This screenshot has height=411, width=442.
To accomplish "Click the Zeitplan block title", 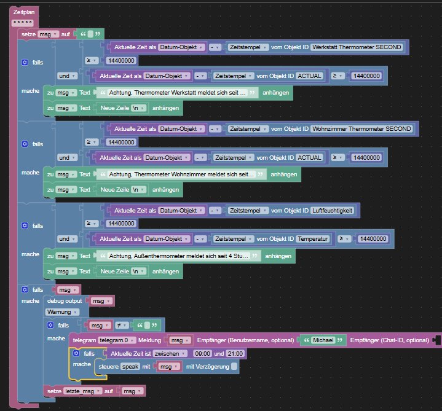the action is tap(24, 12).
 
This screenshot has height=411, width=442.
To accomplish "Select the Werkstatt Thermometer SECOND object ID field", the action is tap(357, 47).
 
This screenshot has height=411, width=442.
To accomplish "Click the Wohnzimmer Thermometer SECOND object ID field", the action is tap(361, 129).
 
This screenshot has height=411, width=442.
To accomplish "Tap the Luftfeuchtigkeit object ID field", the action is tap(333, 211).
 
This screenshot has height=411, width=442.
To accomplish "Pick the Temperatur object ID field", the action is tap(313, 239).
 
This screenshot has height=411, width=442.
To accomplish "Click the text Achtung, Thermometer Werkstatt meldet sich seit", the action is tap(174, 93).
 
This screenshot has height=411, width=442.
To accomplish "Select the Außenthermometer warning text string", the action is tap(179, 256).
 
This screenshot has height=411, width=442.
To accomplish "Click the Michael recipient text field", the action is tap(323, 340).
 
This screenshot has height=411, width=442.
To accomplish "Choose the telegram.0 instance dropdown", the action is tap(116, 340).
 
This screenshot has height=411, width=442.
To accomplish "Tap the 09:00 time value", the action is tap(202, 353).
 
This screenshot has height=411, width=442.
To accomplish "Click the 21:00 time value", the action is tap(235, 353).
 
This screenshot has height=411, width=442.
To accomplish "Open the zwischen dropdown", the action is tap(170, 353).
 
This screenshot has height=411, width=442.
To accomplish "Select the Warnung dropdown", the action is tap(62, 312).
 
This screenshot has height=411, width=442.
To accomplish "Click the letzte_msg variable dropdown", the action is tap(82, 391).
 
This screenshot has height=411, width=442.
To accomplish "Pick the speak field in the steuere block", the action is tap(130, 367).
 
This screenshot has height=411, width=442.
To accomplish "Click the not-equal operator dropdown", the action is tap(122, 326).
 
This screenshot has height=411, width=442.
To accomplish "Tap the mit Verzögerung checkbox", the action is tap(234, 367).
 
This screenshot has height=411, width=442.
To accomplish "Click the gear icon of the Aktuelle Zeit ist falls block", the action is tap(76, 353).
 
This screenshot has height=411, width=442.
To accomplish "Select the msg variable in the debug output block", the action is tap(101, 301).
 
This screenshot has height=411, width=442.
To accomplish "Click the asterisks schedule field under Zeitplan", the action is tap(23, 23).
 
